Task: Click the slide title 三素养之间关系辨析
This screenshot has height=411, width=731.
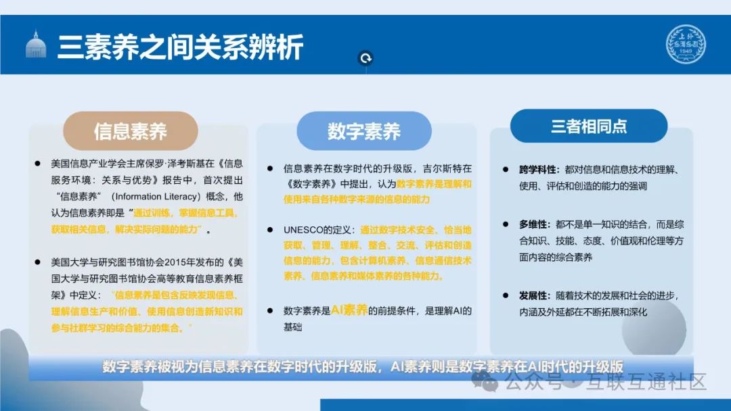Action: click(180, 47)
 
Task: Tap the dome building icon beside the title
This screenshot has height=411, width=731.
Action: click(35, 45)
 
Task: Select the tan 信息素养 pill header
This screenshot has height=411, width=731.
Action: click(130, 130)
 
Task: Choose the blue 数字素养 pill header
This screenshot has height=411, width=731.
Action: click(364, 130)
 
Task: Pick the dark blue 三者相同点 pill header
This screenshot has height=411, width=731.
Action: click(588, 126)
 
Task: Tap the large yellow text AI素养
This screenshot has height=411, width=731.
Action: click(349, 310)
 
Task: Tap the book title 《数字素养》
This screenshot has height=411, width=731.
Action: click(309, 183)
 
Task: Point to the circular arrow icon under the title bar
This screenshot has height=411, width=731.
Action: click(366, 59)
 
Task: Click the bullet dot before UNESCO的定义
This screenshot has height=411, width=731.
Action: click(269, 230)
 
